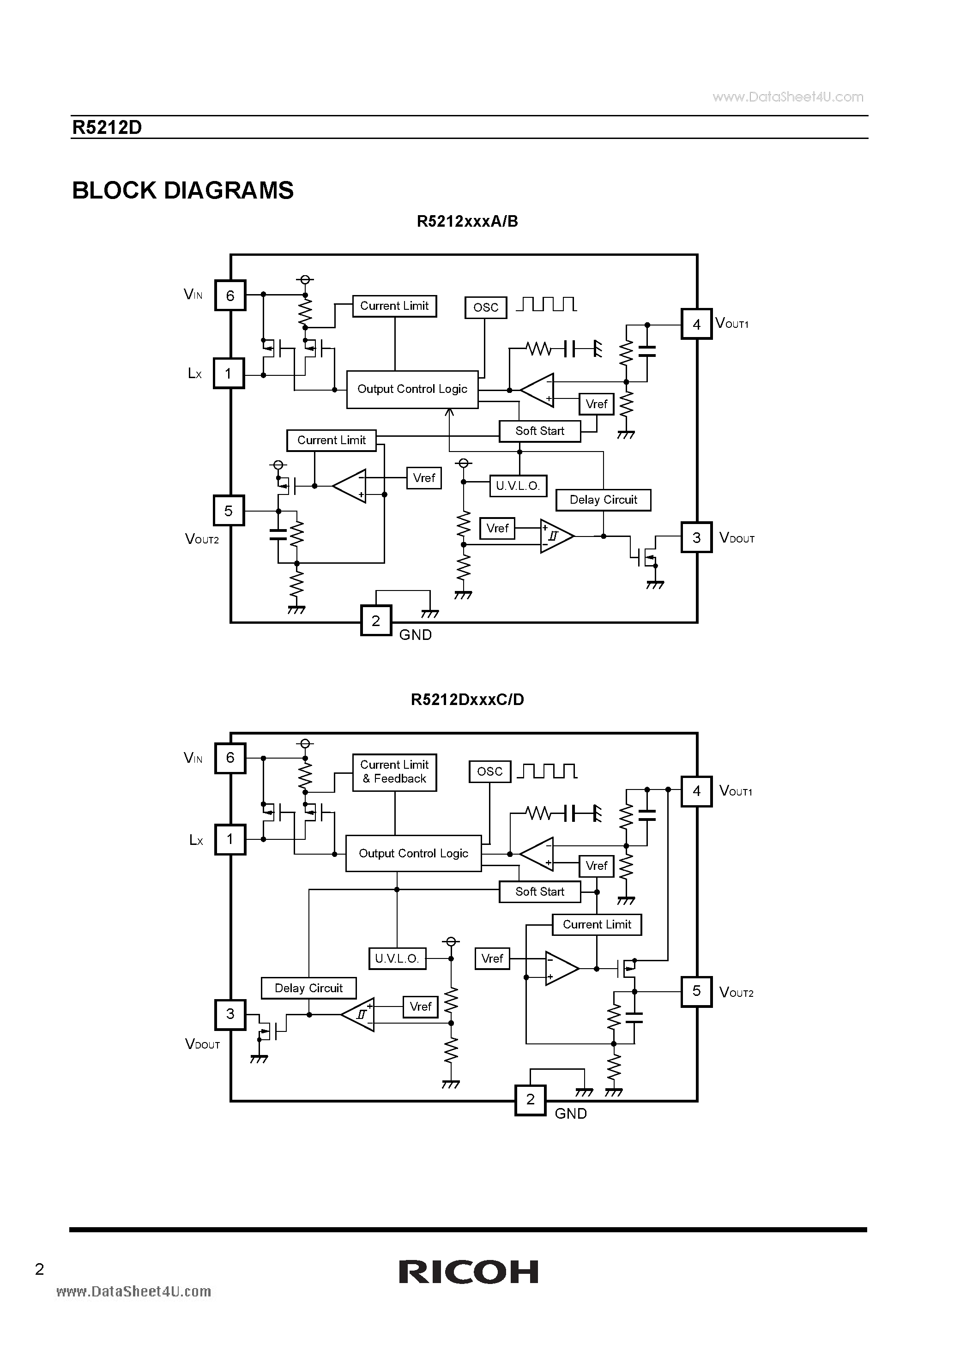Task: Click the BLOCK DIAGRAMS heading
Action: tap(182, 191)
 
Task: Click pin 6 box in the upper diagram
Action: tap(230, 295)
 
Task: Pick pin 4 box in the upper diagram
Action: tap(696, 324)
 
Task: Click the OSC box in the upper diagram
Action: tap(485, 307)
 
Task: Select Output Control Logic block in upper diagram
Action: tap(412, 389)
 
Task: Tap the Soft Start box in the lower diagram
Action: tap(539, 892)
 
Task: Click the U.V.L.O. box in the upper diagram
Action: tap(518, 486)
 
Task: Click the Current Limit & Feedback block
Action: tap(394, 772)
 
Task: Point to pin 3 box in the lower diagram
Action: tap(230, 1014)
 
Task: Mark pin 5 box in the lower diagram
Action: tap(696, 991)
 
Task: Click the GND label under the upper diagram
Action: tap(415, 635)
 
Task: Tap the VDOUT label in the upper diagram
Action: tap(737, 538)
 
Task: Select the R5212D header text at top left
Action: tap(107, 127)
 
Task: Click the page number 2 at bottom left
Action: tap(39, 1269)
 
